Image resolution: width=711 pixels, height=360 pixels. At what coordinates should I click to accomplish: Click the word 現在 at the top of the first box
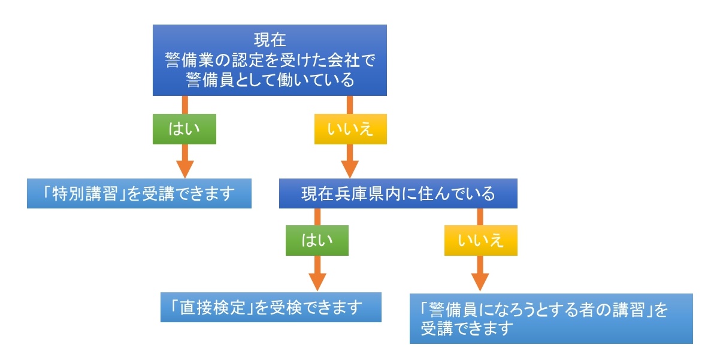(270, 41)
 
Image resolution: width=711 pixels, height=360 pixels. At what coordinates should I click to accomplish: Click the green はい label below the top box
(184, 129)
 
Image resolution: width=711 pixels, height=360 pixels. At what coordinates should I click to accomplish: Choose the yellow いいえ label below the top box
(351, 129)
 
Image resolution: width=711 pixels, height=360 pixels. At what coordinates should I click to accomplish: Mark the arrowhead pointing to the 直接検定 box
(317, 282)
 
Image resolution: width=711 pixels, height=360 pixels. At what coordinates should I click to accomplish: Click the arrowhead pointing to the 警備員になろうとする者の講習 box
(480, 282)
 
